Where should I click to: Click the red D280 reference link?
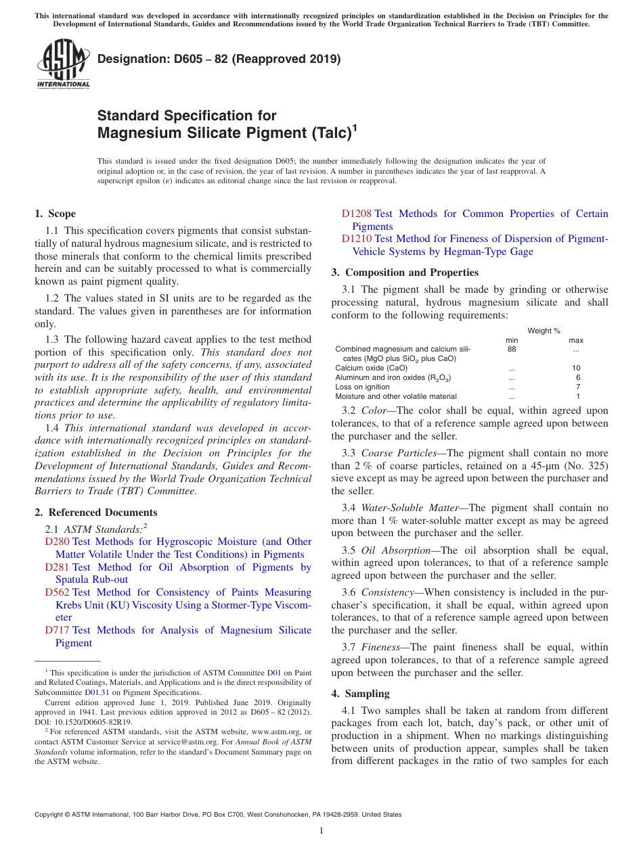(x=57, y=542)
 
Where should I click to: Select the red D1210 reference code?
(x=356, y=239)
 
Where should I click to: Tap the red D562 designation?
(x=57, y=592)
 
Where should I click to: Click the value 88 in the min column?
(x=512, y=350)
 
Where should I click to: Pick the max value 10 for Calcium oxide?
(x=576, y=368)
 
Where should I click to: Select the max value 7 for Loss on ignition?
(x=578, y=387)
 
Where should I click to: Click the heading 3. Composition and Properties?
(x=405, y=272)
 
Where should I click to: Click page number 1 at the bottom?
(x=321, y=830)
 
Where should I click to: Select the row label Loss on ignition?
(x=362, y=387)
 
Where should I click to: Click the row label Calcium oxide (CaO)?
(x=371, y=368)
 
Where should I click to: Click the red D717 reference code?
(x=57, y=630)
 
